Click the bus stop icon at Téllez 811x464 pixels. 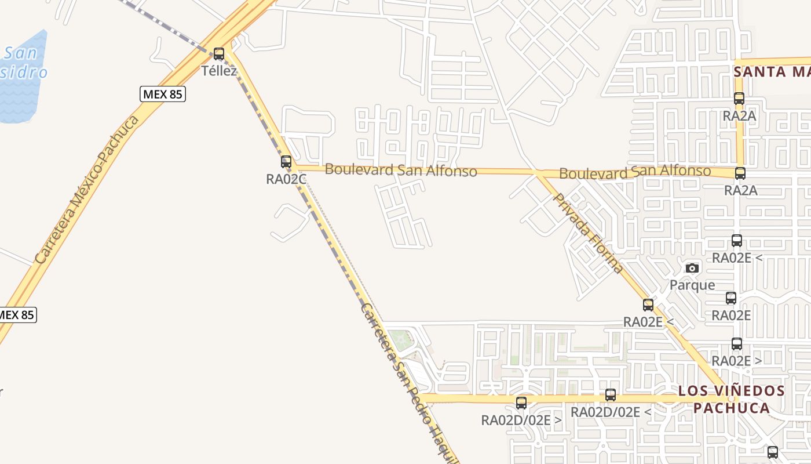[x=219, y=54]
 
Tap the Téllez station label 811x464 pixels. [x=219, y=71]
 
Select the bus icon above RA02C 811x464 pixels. [x=286, y=162]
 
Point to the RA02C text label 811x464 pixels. [x=286, y=179]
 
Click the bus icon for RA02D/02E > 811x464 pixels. [x=521, y=403]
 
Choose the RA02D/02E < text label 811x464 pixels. [x=611, y=412]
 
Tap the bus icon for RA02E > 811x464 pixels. [x=737, y=343]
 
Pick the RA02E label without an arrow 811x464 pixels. [x=731, y=316]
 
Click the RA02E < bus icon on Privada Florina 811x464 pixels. [x=648, y=304]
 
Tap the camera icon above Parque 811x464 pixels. [x=692, y=268]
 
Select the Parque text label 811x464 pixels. [x=692, y=285]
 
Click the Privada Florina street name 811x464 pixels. [x=589, y=233]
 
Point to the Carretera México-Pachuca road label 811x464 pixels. [x=87, y=189]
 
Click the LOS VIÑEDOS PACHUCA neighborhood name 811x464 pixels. [x=732, y=399]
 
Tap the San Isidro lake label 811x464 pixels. [x=23, y=63]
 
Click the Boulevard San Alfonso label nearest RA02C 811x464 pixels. [x=401, y=170]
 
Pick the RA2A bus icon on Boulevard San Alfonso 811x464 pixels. [x=740, y=173]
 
